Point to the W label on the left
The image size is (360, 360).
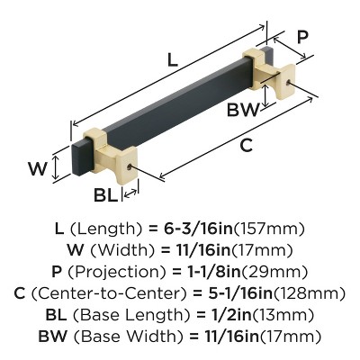click(35, 166)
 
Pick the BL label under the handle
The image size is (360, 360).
click(104, 193)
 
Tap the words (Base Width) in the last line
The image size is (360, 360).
click(128, 336)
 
